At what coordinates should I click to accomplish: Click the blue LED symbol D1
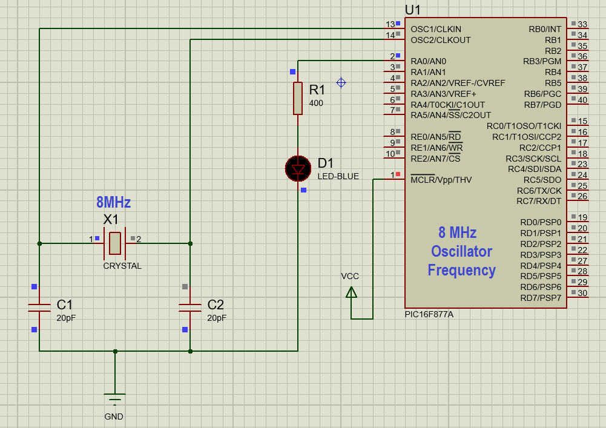pos(298,168)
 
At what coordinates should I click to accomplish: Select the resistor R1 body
pos(298,98)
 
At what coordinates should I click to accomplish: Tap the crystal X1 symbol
pos(115,243)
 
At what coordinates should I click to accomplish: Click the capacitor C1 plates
pos(39,308)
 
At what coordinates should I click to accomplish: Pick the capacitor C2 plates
pos(190,308)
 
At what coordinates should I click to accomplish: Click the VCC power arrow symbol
pos(351,292)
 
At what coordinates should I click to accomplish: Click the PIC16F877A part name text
pos(429,315)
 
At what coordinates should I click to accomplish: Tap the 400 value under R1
pos(316,104)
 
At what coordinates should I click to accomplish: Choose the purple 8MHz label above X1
pos(113,203)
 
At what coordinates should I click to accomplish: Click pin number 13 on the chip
pos(390,24)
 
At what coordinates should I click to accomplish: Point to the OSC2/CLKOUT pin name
pos(440,40)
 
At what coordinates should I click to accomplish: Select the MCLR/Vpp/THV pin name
pos(441,180)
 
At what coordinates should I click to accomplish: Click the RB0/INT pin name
pos(545,29)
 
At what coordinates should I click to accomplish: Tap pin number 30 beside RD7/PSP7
pos(582,294)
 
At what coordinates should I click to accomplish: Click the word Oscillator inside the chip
pos(461,251)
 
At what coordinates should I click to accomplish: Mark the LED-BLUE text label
pos(338,177)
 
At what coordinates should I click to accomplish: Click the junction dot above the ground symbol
pos(115,351)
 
